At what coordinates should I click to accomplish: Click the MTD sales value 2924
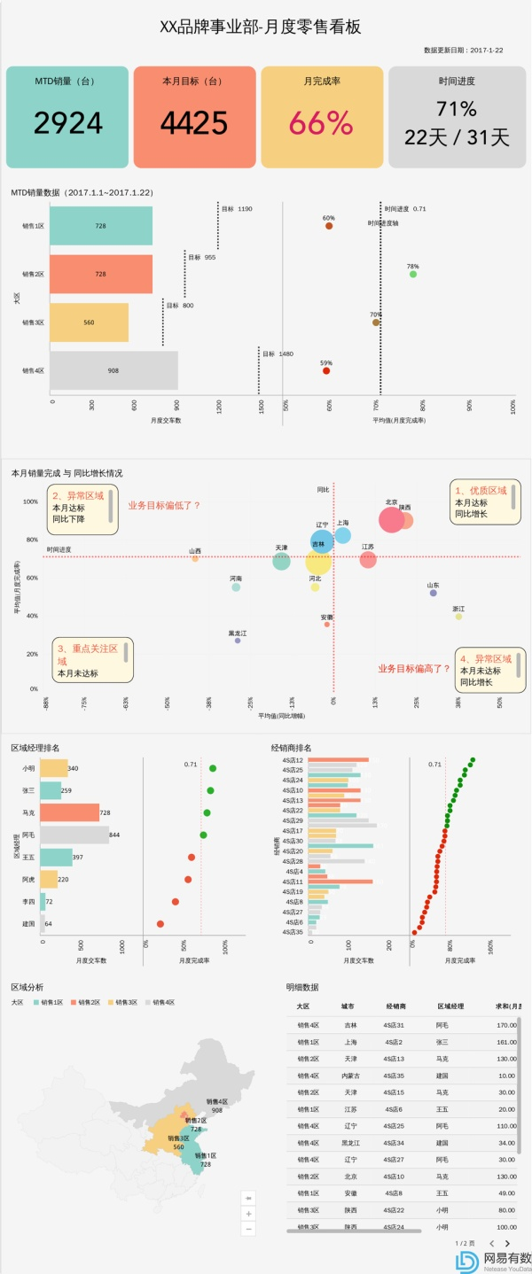click(x=68, y=122)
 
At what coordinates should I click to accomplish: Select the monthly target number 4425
click(x=194, y=122)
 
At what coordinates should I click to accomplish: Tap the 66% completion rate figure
click(x=321, y=123)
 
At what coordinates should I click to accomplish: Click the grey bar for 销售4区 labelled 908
click(x=113, y=370)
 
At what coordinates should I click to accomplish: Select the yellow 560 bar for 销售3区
click(x=89, y=322)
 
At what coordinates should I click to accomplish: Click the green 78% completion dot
click(x=413, y=275)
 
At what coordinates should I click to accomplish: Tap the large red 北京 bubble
click(x=391, y=520)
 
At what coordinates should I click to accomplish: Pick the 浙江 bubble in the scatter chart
click(x=458, y=616)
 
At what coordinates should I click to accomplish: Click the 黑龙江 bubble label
click(x=238, y=633)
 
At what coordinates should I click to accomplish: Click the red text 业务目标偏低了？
click(x=164, y=505)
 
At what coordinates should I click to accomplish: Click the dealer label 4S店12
click(x=293, y=760)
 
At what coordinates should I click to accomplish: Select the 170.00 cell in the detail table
click(x=506, y=1025)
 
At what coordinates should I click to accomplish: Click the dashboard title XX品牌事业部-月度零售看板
click(x=260, y=27)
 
